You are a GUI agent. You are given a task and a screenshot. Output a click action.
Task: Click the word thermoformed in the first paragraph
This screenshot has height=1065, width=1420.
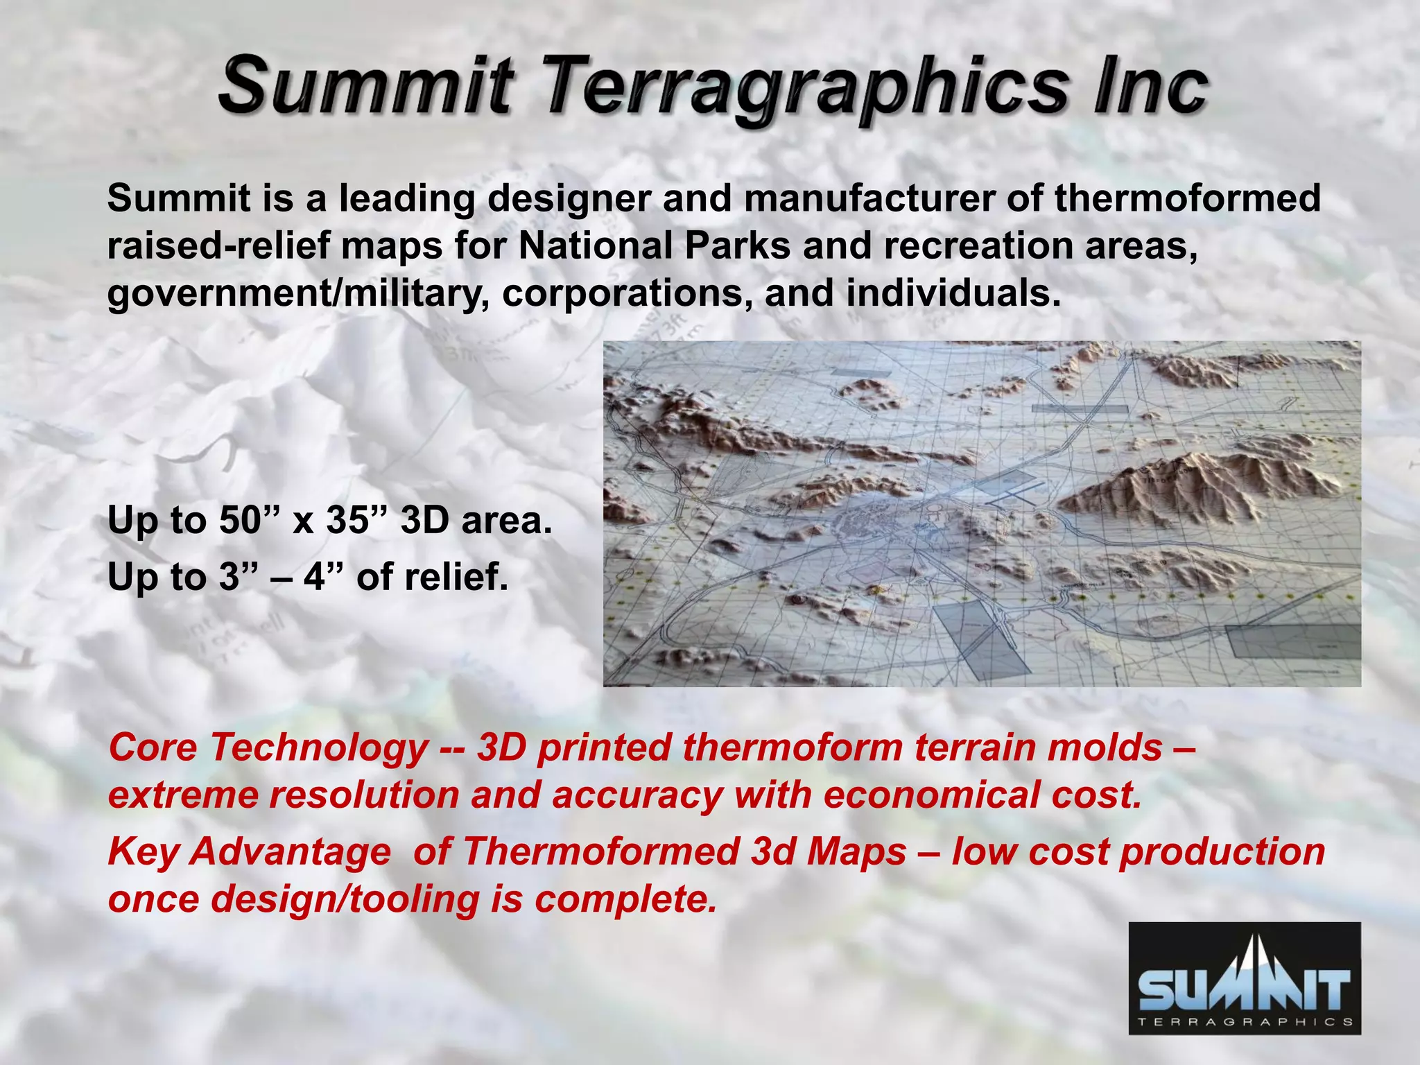click(x=1187, y=199)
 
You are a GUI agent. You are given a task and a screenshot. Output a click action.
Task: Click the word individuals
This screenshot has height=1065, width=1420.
click(x=953, y=293)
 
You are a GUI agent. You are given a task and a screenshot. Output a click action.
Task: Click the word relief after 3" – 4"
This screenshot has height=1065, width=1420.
click(x=456, y=577)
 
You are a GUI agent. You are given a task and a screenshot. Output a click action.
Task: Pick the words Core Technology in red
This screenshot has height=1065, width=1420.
click(x=268, y=749)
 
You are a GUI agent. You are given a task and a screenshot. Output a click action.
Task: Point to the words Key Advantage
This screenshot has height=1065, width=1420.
click(x=249, y=852)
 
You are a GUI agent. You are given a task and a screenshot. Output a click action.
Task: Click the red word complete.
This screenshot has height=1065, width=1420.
click(x=625, y=899)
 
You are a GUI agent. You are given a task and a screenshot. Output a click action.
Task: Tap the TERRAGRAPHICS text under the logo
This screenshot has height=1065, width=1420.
click(x=1244, y=1022)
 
